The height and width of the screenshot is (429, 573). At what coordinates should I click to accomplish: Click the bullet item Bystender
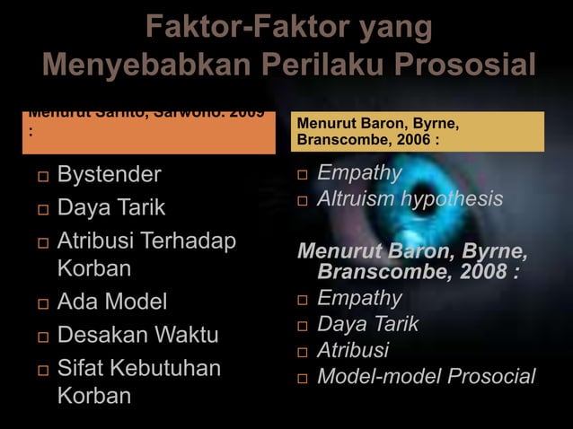pos(109,174)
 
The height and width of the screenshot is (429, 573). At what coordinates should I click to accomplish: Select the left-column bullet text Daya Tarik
pos(111,208)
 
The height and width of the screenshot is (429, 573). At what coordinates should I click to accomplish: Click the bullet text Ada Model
pos(112,302)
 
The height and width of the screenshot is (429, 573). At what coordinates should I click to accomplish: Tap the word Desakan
pos(103,336)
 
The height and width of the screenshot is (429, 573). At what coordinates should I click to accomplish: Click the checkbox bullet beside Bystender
pos(34,175)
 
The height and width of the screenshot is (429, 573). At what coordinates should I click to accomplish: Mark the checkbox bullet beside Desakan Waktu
pos(34,337)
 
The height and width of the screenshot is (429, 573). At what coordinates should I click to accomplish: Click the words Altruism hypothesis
pos(410,198)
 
